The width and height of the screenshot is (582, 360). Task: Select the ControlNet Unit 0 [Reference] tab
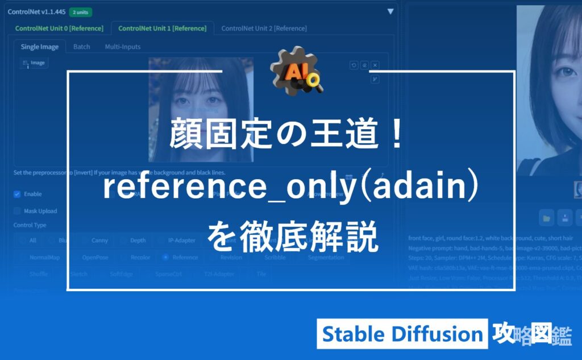coord(59,28)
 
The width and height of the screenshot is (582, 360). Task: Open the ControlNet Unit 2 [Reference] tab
coord(264,28)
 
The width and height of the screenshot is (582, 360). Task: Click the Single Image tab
coord(40,47)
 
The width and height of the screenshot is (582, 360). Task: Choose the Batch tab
coord(81,47)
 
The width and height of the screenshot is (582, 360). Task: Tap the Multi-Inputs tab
coord(122,47)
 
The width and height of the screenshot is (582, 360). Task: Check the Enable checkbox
coord(17,194)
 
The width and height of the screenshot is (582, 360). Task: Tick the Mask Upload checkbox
coord(17,211)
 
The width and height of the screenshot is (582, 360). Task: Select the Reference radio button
coord(166,257)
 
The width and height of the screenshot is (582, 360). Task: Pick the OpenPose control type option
coord(94,257)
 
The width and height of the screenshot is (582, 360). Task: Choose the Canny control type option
coord(99,241)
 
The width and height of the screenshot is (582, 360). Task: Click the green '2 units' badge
coord(80,12)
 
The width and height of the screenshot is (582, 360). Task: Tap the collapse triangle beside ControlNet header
coord(390,11)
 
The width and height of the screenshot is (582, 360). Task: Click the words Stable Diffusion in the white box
coord(402,334)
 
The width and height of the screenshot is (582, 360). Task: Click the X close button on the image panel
coord(375,65)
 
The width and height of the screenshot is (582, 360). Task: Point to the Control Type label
coord(30,225)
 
